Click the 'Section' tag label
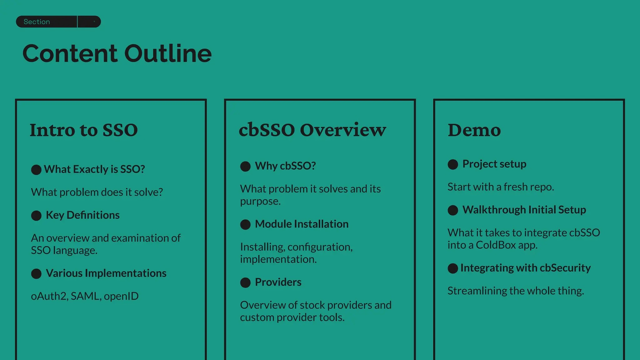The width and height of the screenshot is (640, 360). [37, 22]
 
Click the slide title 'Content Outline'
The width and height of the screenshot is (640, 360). [117, 53]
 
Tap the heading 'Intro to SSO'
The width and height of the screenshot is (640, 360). [83, 130]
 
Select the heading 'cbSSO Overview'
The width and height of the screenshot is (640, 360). [312, 130]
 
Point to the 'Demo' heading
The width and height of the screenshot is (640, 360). [474, 130]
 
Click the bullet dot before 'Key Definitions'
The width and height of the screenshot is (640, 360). [36, 216]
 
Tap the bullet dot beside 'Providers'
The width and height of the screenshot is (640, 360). [245, 282]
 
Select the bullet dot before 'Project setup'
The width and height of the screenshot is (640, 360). [453, 164]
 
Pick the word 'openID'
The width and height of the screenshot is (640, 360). [121, 296]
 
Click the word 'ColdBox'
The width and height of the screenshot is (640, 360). [496, 245]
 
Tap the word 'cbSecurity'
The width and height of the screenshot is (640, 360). [565, 268]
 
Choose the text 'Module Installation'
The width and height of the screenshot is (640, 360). [302, 224]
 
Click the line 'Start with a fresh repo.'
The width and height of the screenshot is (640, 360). [501, 187]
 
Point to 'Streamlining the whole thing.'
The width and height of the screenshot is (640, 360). [516, 291]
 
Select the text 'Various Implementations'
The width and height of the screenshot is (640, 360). [106, 273]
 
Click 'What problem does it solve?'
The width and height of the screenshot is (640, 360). [97, 192]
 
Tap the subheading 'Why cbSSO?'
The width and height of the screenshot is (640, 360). [285, 166]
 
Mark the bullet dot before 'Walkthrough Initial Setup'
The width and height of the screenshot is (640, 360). [453, 210]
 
